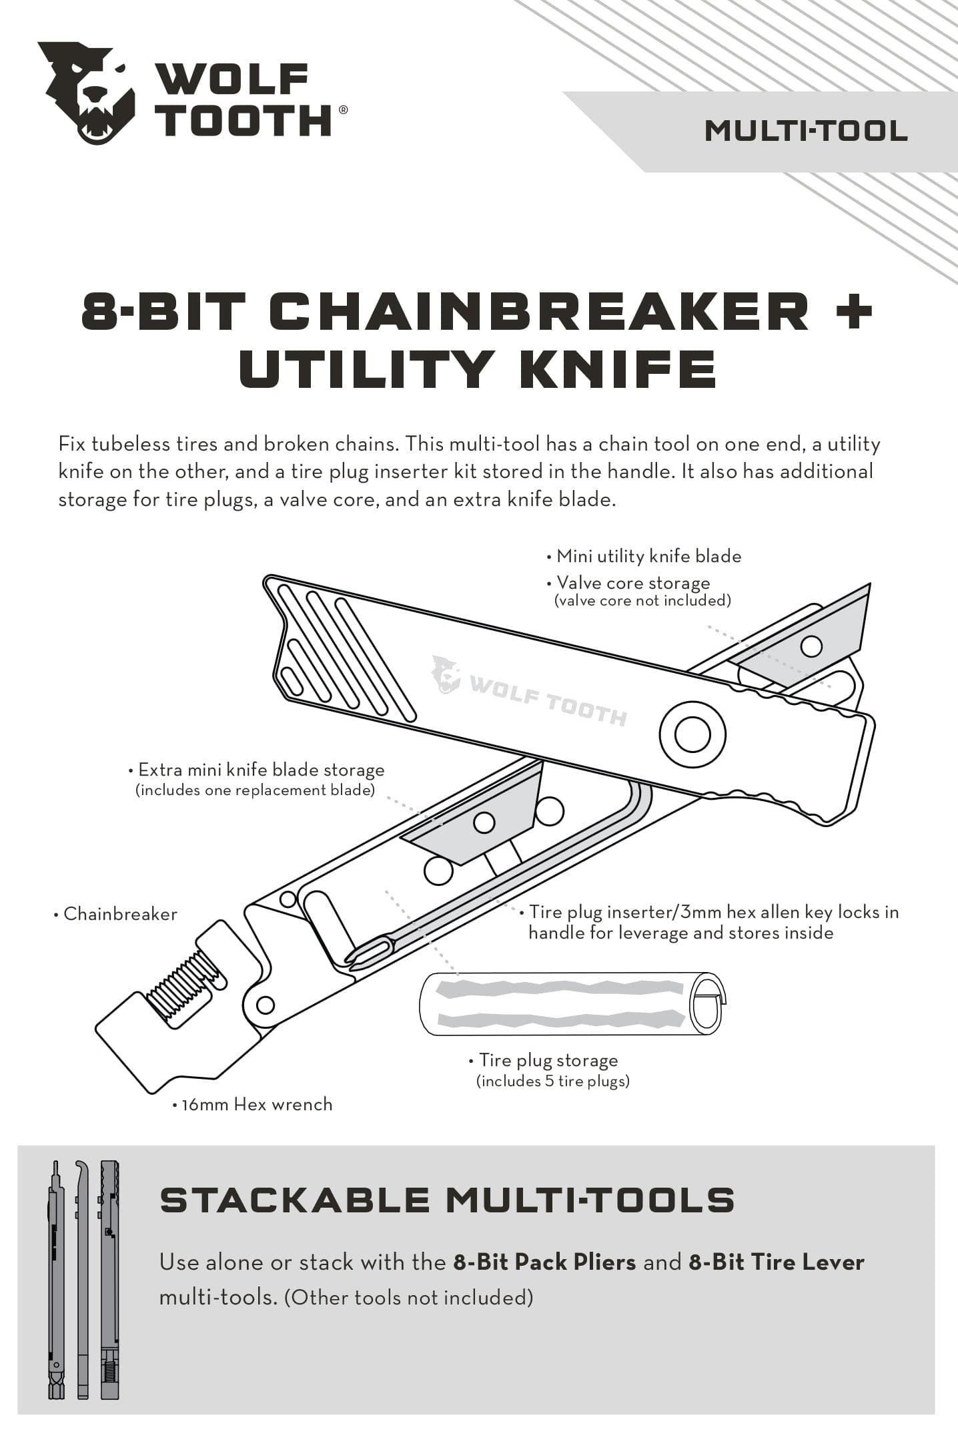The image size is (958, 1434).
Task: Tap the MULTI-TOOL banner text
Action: (x=805, y=131)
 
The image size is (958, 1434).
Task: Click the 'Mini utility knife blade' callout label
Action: (x=648, y=556)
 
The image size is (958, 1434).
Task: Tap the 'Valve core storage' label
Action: (x=632, y=583)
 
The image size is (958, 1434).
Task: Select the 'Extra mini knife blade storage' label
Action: (x=261, y=770)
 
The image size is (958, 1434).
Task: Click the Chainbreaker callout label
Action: (x=119, y=914)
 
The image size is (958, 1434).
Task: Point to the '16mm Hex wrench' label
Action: (x=256, y=1104)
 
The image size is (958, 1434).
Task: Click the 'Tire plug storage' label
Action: (x=548, y=1060)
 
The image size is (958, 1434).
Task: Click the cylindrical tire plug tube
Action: (x=567, y=1003)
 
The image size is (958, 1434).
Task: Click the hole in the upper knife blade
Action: (x=811, y=646)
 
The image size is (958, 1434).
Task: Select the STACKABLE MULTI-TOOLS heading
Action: (x=447, y=1200)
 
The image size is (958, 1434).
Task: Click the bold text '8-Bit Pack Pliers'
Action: (x=544, y=1262)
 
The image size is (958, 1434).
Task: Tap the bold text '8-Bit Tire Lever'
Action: (x=776, y=1262)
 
